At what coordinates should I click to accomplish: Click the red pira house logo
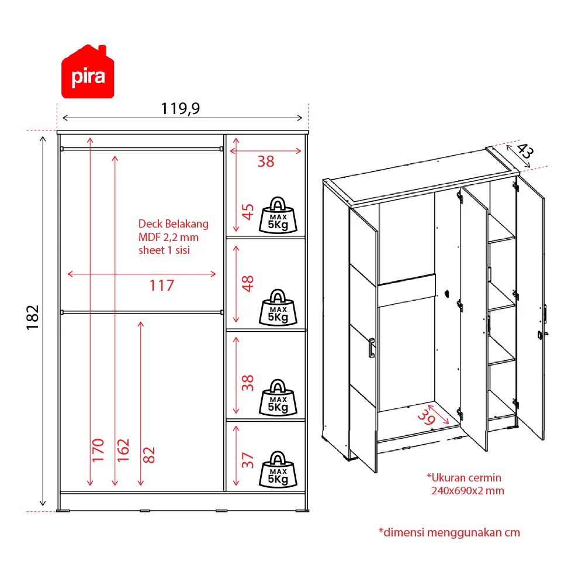[x=88, y=72]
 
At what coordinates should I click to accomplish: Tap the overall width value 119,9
[x=180, y=109]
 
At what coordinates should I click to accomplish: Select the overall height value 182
[x=33, y=318]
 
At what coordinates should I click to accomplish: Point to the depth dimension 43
[x=525, y=151]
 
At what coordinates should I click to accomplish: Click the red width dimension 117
[x=162, y=286]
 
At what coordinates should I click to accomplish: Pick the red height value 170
[x=98, y=450]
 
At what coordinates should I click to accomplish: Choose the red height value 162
[x=123, y=450]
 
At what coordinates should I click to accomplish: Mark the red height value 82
[x=149, y=455]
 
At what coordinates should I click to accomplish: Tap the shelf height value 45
[x=248, y=212]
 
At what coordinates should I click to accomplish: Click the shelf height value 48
[x=248, y=284]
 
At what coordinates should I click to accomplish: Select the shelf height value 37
[x=248, y=460]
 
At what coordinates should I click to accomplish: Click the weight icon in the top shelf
[x=278, y=215]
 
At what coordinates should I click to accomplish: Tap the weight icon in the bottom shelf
[x=278, y=470]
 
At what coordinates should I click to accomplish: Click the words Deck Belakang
[x=174, y=224]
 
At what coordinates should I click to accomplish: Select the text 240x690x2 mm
[x=468, y=490]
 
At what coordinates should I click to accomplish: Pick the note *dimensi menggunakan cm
[x=449, y=532]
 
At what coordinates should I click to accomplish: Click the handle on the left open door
[x=372, y=348]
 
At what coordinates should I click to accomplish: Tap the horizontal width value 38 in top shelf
[x=266, y=162]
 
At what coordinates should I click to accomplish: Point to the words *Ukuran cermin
[x=464, y=477]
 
